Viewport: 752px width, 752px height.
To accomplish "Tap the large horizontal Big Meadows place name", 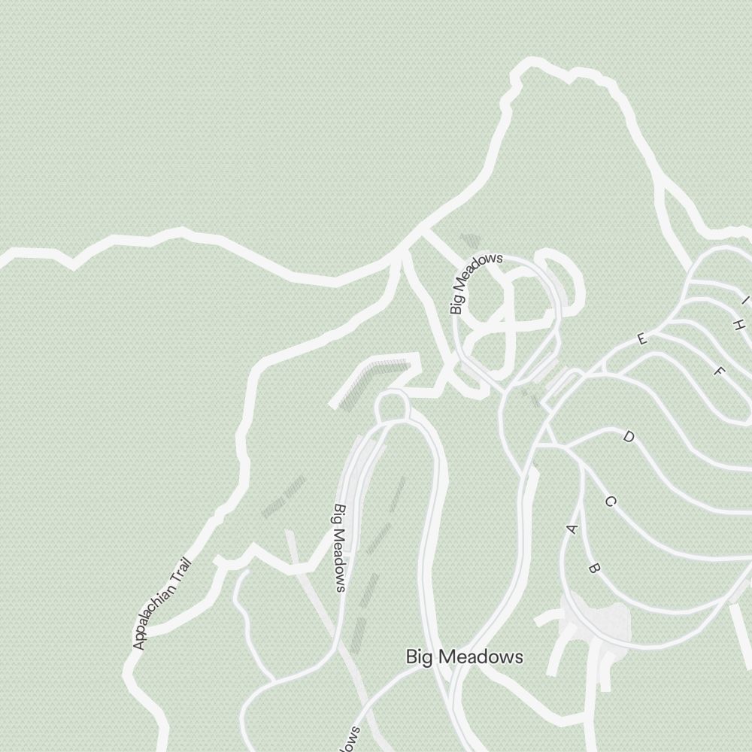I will (464, 656).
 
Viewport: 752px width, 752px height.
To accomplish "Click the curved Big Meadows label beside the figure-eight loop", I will (475, 282).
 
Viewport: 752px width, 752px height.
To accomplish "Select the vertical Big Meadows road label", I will (340, 547).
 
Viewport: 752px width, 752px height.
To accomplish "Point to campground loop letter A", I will (572, 529).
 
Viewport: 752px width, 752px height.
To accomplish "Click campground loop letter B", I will (593, 569).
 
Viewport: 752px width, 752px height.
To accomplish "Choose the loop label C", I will (610, 502).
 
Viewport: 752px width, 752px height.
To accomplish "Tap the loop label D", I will (629, 437).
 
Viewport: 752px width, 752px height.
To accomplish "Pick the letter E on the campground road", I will (641, 339).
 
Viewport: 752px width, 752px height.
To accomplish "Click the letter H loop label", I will (739, 325).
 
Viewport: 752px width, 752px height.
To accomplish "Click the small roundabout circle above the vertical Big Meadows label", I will (391, 407).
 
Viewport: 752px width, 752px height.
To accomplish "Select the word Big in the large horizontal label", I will (419, 657).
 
